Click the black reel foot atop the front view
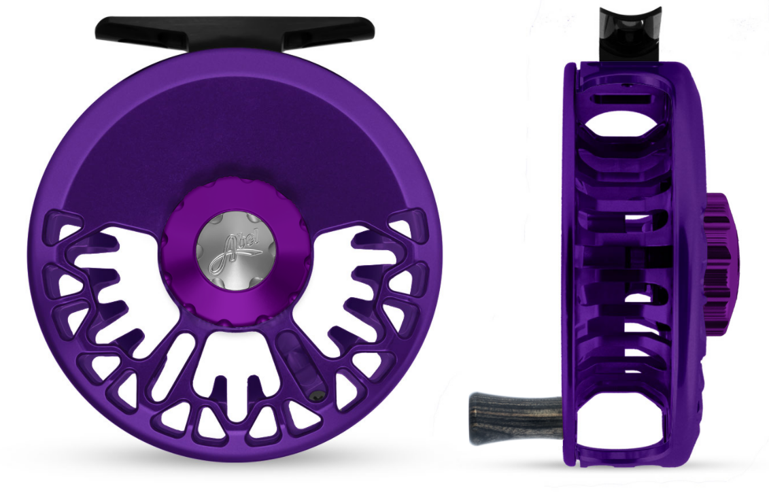[234, 29]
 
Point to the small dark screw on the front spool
[314, 396]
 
